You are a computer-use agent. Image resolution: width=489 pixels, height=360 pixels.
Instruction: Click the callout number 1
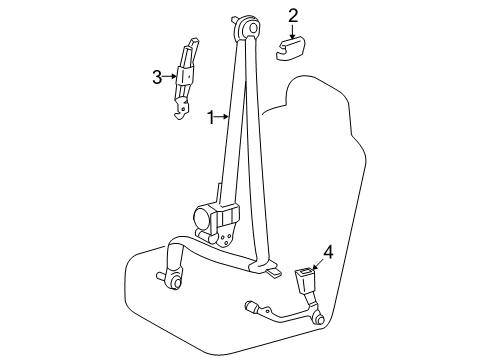(x=211, y=118)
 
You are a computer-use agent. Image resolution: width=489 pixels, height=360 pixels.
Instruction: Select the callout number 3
(x=157, y=77)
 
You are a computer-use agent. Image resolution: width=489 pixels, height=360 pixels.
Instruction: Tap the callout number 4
(x=327, y=252)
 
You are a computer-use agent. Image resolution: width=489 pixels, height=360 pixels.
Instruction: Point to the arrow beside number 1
(x=222, y=118)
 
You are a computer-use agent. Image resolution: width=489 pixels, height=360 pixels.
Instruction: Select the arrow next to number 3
(x=169, y=77)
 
